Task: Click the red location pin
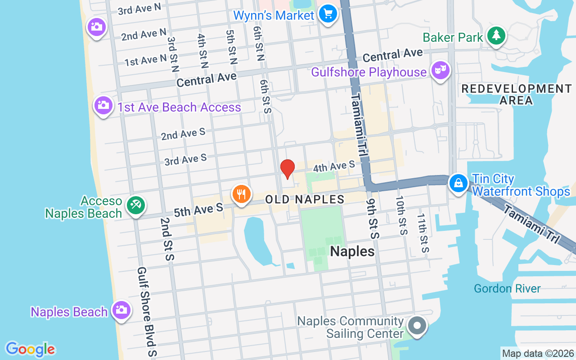tap(287, 169)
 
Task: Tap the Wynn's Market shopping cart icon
tap(328, 13)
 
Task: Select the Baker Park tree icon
tap(496, 35)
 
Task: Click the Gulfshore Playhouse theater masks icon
tap(440, 70)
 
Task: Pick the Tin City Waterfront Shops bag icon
tap(458, 183)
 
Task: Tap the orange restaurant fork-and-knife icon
tap(242, 194)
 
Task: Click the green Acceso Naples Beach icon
tap(135, 205)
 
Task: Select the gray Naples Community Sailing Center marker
tap(417, 324)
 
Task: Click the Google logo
tap(30, 349)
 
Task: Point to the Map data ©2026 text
tap(538, 353)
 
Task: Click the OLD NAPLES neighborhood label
tap(305, 199)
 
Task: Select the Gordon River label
tap(507, 288)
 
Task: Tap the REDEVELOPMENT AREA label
tap(517, 94)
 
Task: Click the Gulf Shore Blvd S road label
tap(147, 312)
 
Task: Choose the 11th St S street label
tap(423, 233)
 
